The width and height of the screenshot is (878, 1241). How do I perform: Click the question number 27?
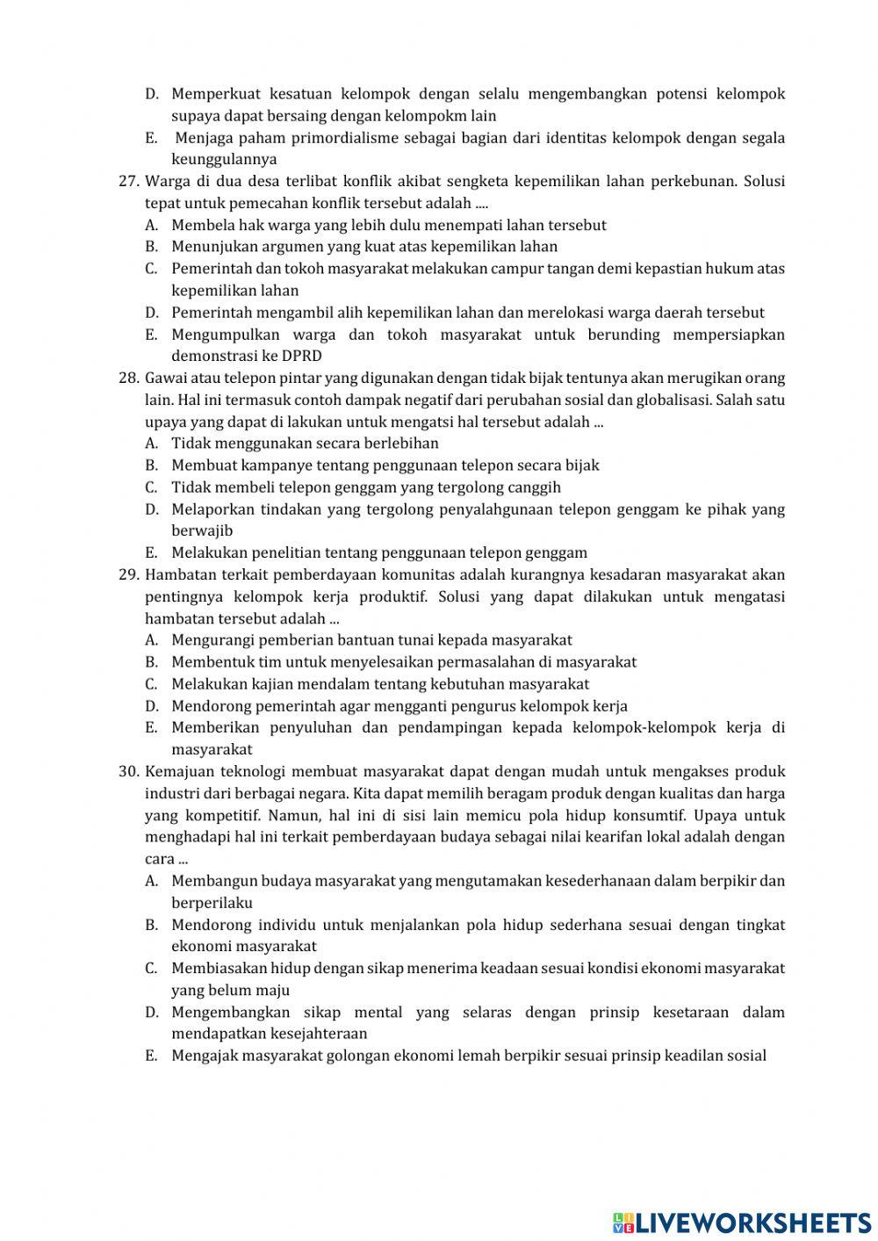[x=129, y=182]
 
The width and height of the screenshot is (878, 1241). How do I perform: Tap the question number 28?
[x=129, y=379]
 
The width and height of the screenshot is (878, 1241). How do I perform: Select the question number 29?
[x=129, y=575]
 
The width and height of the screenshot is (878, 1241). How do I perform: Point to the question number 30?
[x=129, y=772]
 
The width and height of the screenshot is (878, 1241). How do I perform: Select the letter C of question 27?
[x=151, y=269]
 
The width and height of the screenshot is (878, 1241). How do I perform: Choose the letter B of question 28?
[x=151, y=465]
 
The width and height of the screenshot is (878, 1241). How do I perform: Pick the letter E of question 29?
[x=151, y=727]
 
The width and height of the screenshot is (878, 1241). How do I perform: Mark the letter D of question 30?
[x=151, y=1012]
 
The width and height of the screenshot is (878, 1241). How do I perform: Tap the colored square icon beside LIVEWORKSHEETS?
[x=623, y=1222]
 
